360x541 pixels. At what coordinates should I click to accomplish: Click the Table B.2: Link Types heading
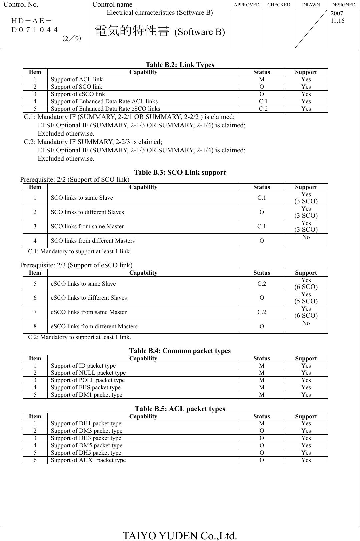[180, 65]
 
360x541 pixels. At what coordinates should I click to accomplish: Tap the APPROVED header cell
[247, 5]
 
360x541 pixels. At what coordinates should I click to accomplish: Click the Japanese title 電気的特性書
[131, 31]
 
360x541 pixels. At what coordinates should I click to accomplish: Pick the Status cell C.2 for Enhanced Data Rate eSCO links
[262, 109]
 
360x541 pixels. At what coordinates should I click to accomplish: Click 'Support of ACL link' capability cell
[77, 79]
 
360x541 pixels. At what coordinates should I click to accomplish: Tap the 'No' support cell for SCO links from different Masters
[306, 237]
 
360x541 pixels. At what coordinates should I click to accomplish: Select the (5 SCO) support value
[306, 301]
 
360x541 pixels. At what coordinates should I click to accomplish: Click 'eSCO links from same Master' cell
[89, 312]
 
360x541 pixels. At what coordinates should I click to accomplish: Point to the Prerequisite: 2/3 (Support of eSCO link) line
[76, 265]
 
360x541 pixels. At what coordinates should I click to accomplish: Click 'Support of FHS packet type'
[86, 387]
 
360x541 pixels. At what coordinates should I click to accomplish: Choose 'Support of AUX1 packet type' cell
[88, 460]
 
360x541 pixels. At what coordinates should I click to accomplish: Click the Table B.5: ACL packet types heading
[180, 409]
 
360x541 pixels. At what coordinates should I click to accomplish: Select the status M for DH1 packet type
[262, 423]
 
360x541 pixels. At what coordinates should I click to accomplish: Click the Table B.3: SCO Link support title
[180, 172]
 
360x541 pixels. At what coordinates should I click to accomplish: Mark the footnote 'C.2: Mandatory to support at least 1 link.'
[79, 337]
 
